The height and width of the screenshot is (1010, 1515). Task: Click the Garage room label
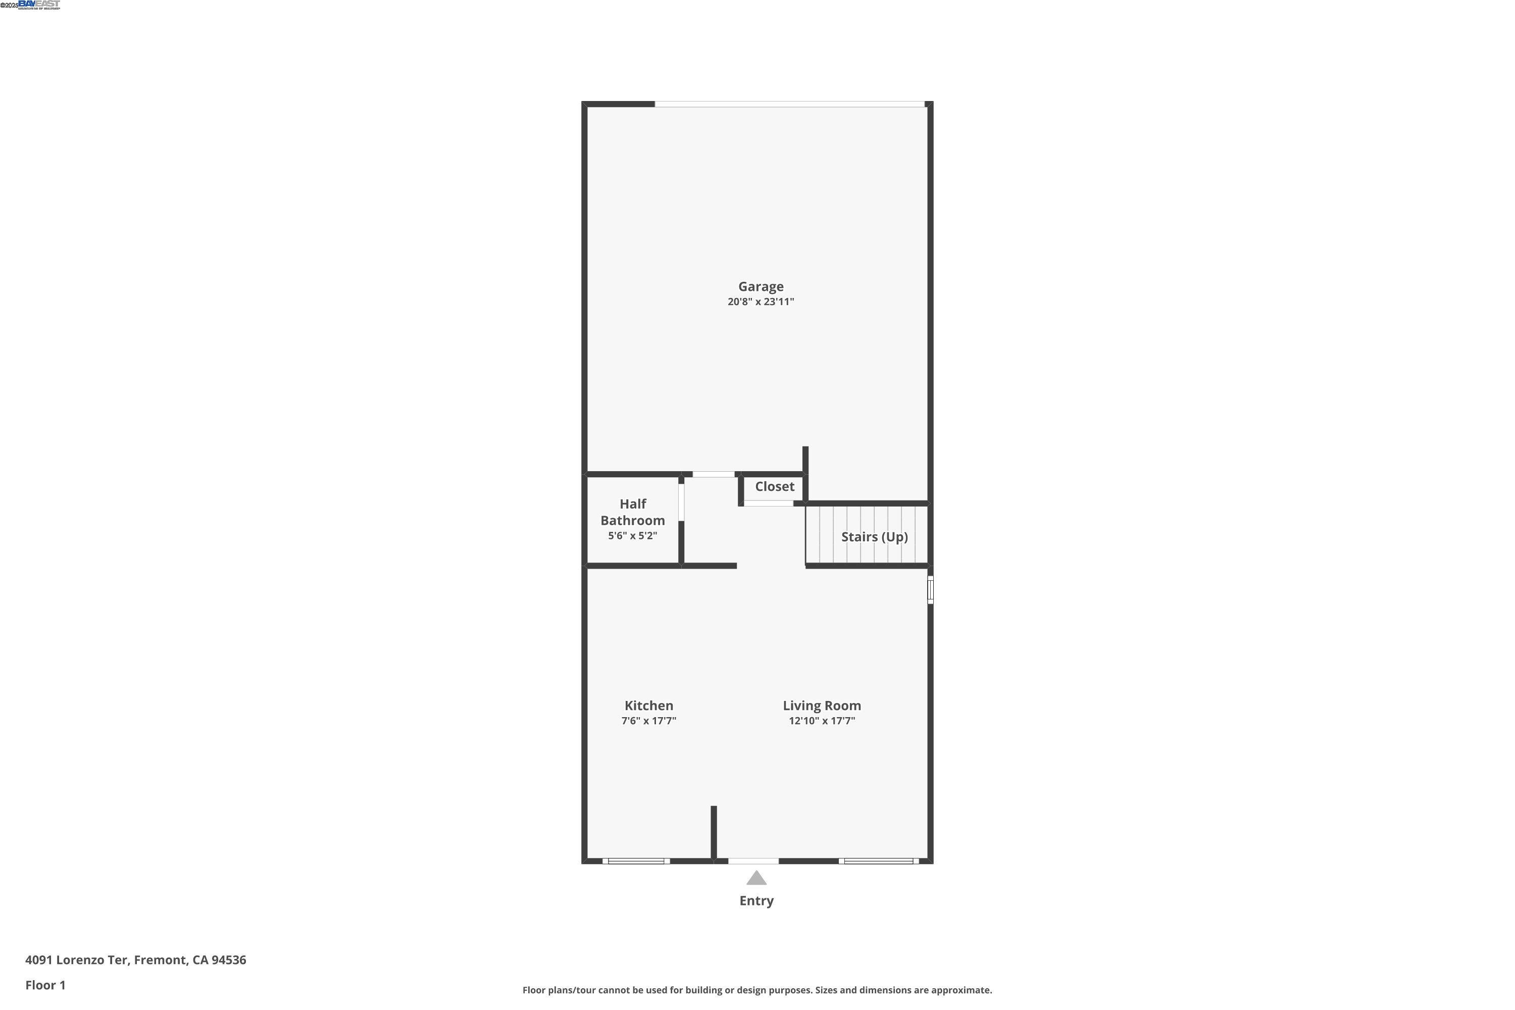pyautogui.click(x=761, y=287)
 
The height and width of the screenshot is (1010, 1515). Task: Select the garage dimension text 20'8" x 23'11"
pyautogui.click(x=761, y=302)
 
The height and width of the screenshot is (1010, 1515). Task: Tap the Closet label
pyautogui.click(x=774, y=487)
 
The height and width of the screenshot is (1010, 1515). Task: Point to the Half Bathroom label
pyautogui.click(x=633, y=512)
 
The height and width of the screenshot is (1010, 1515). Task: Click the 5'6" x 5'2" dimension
pyautogui.click(x=633, y=536)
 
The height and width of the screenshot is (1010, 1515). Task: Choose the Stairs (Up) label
pyautogui.click(x=874, y=536)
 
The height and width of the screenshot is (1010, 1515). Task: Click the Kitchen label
pyautogui.click(x=648, y=706)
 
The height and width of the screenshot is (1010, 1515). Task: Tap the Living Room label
pyautogui.click(x=821, y=706)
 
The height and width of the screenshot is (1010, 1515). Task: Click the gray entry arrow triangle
pyautogui.click(x=756, y=878)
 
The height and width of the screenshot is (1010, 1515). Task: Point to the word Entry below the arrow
pyautogui.click(x=756, y=901)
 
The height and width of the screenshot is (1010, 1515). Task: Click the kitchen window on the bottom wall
pyautogui.click(x=636, y=861)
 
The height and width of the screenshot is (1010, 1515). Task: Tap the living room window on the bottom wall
pyautogui.click(x=878, y=861)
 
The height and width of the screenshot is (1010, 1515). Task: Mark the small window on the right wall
pyautogui.click(x=930, y=589)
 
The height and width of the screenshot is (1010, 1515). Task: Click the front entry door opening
pyautogui.click(x=753, y=861)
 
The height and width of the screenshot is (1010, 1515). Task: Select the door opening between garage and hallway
pyautogui.click(x=713, y=475)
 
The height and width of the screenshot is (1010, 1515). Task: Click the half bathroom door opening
pyautogui.click(x=681, y=502)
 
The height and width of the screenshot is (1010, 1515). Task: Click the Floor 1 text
pyautogui.click(x=45, y=985)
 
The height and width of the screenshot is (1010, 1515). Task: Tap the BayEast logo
pyautogui.click(x=39, y=5)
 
